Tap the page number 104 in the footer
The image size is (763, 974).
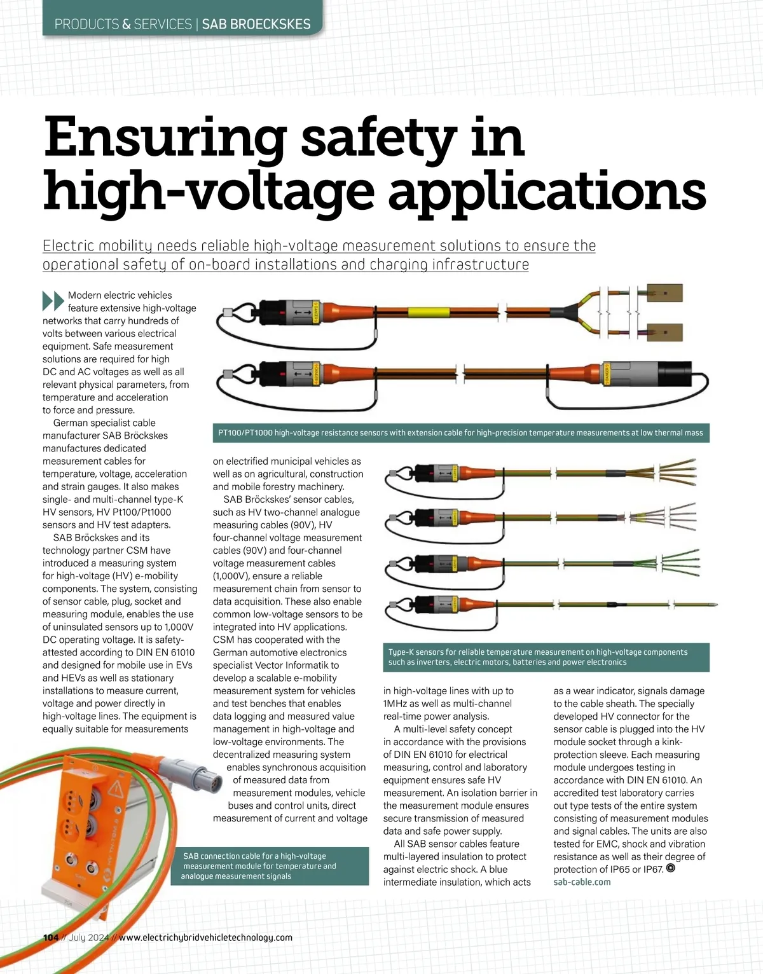point(51,938)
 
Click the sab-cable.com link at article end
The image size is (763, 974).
point(582,882)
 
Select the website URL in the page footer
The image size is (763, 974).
point(205,938)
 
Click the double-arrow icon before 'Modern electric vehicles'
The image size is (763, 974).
point(53,300)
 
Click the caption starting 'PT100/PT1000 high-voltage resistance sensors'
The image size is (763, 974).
point(460,433)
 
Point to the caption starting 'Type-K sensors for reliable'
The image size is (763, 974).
point(538,657)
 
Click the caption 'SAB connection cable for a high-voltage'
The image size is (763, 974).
point(259,866)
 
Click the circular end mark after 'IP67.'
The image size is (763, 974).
point(670,868)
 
